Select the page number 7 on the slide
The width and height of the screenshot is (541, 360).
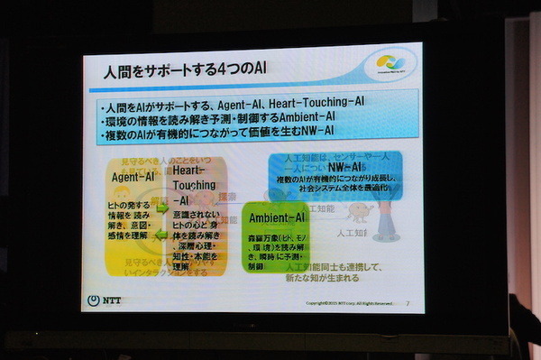click(408, 302)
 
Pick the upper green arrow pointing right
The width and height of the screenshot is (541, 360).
click(161, 208)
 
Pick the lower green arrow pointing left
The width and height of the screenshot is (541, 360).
click(161, 236)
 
